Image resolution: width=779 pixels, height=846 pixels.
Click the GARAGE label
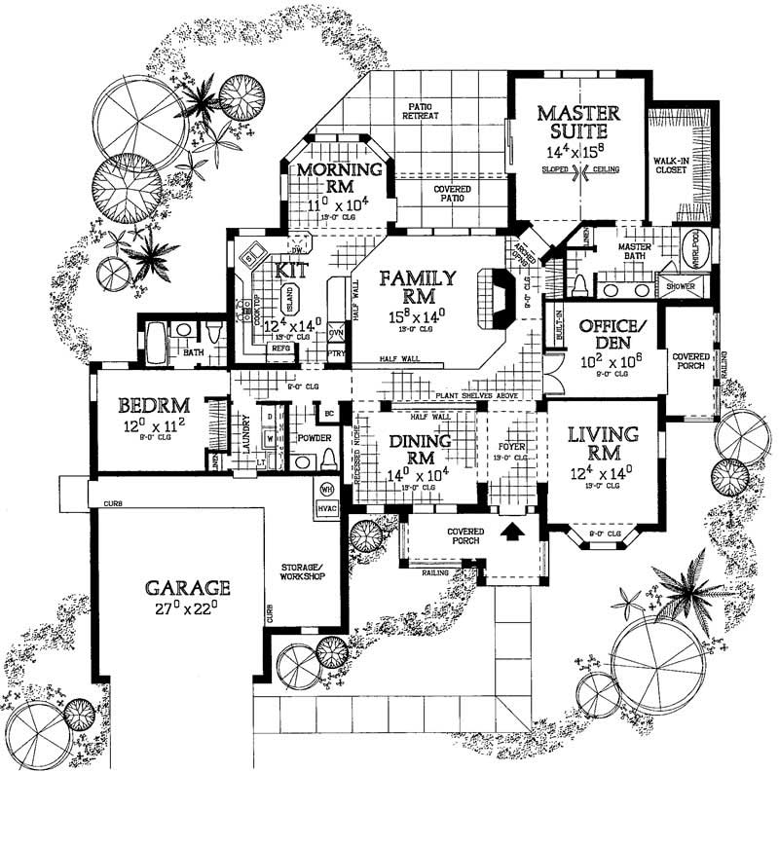point(188,588)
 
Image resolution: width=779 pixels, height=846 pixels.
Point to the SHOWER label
point(678,286)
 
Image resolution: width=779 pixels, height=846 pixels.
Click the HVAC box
point(325,507)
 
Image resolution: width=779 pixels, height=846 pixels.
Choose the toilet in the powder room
point(328,459)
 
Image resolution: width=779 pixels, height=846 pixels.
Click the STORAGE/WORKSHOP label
point(303,570)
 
